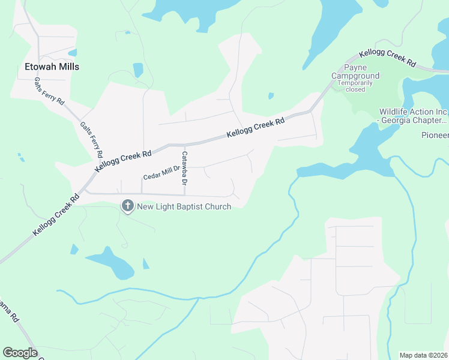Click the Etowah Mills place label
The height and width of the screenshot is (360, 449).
(52, 67)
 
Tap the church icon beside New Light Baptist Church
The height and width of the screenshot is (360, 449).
(127, 206)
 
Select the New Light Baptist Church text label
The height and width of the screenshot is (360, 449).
(184, 207)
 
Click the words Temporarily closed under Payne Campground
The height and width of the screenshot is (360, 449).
(355, 86)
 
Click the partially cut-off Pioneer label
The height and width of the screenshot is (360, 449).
(435, 136)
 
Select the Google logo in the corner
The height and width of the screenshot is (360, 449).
(20, 352)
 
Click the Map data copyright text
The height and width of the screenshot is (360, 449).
(423, 355)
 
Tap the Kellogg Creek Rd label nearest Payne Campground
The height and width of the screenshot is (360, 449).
(388, 59)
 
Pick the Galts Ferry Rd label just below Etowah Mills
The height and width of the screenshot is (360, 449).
(49, 91)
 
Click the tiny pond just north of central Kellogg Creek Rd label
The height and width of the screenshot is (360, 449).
(271, 95)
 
